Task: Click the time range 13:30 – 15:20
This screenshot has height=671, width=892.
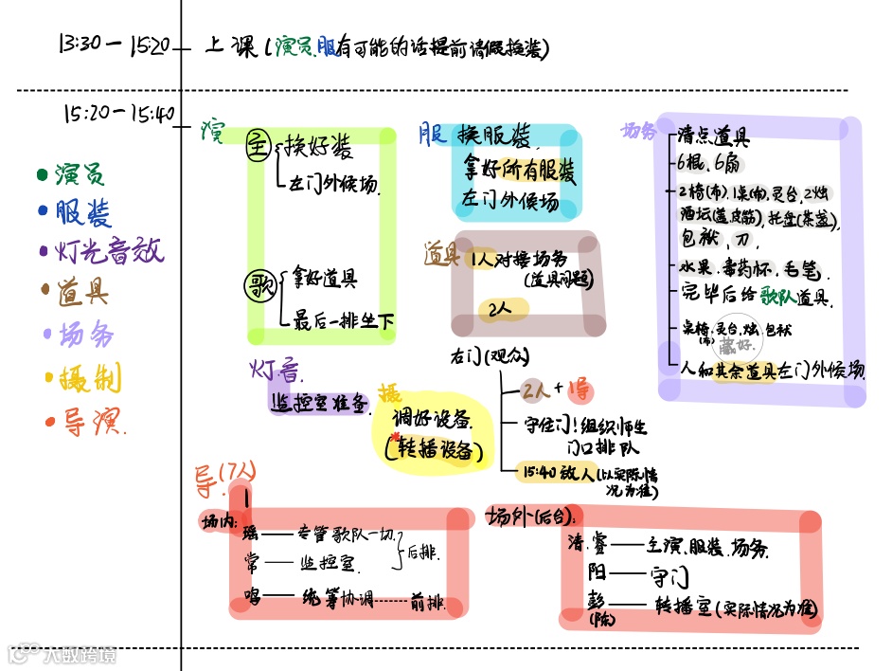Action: click(114, 44)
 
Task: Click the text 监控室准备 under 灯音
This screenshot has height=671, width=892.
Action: click(319, 402)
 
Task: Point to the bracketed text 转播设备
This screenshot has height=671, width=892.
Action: click(435, 452)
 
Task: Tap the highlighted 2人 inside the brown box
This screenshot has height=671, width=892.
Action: click(500, 309)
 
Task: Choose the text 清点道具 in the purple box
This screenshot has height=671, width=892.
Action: click(714, 136)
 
